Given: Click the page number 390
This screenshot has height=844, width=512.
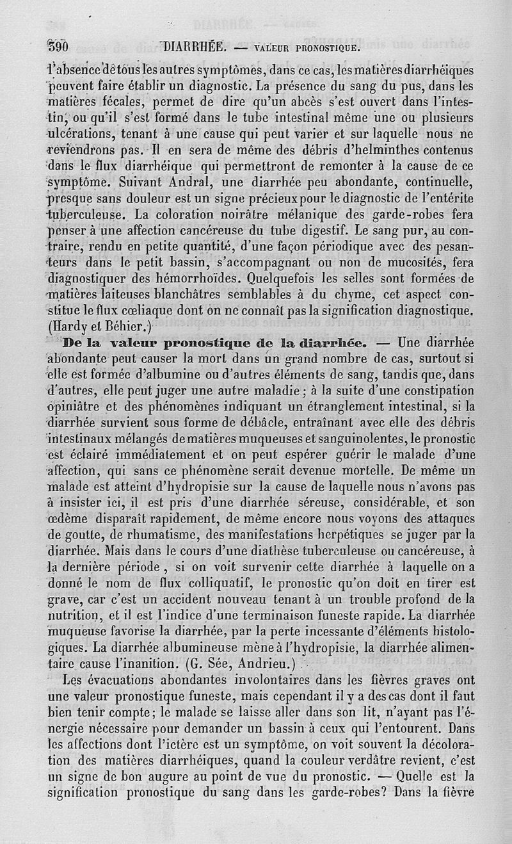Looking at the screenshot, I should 58,46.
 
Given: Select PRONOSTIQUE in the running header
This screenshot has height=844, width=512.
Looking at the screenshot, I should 327,47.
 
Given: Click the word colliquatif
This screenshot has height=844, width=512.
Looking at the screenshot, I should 208,583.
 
